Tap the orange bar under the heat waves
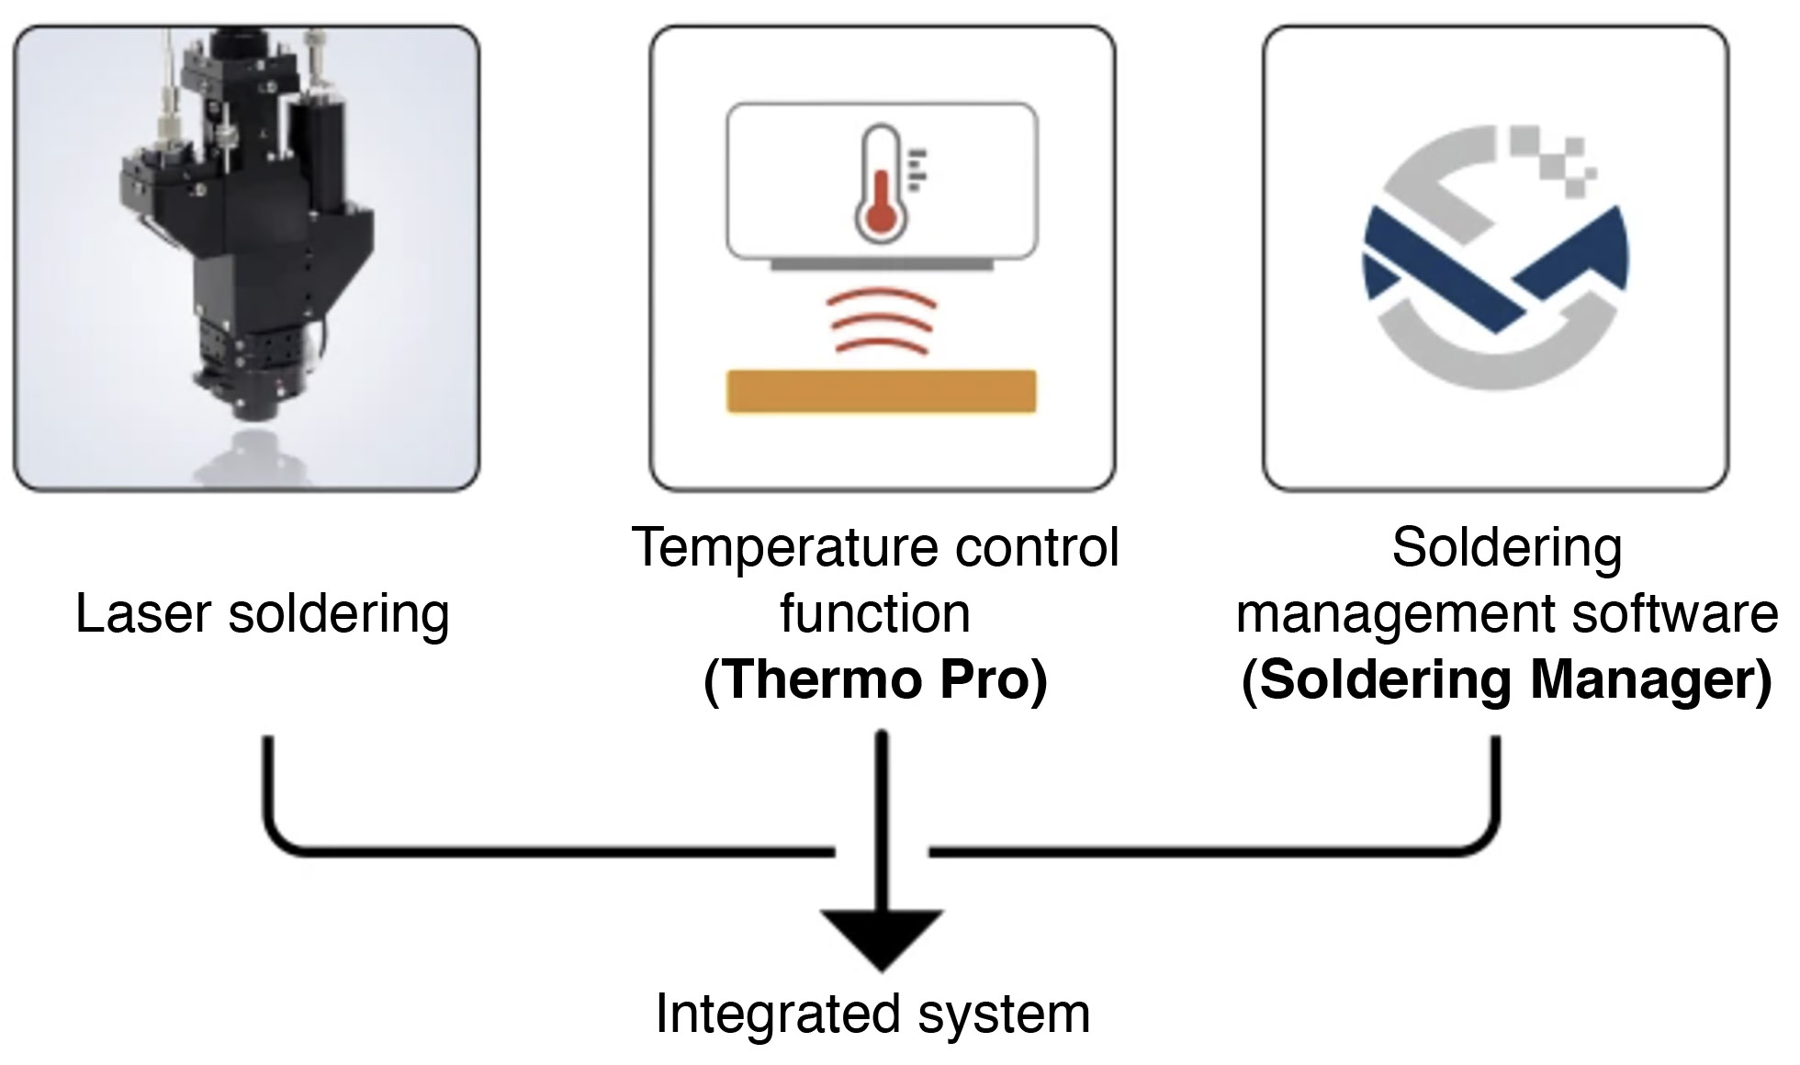click(881, 391)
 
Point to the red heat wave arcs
click(882, 321)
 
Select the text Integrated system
click(872, 1015)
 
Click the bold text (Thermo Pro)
click(874, 680)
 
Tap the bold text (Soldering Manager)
click(1506, 680)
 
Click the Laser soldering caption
click(263, 613)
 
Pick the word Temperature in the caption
click(786, 548)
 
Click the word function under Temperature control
click(874, 613)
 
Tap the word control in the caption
click(1038, 548)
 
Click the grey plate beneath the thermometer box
click(881, 264)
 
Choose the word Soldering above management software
click(1506, 548)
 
